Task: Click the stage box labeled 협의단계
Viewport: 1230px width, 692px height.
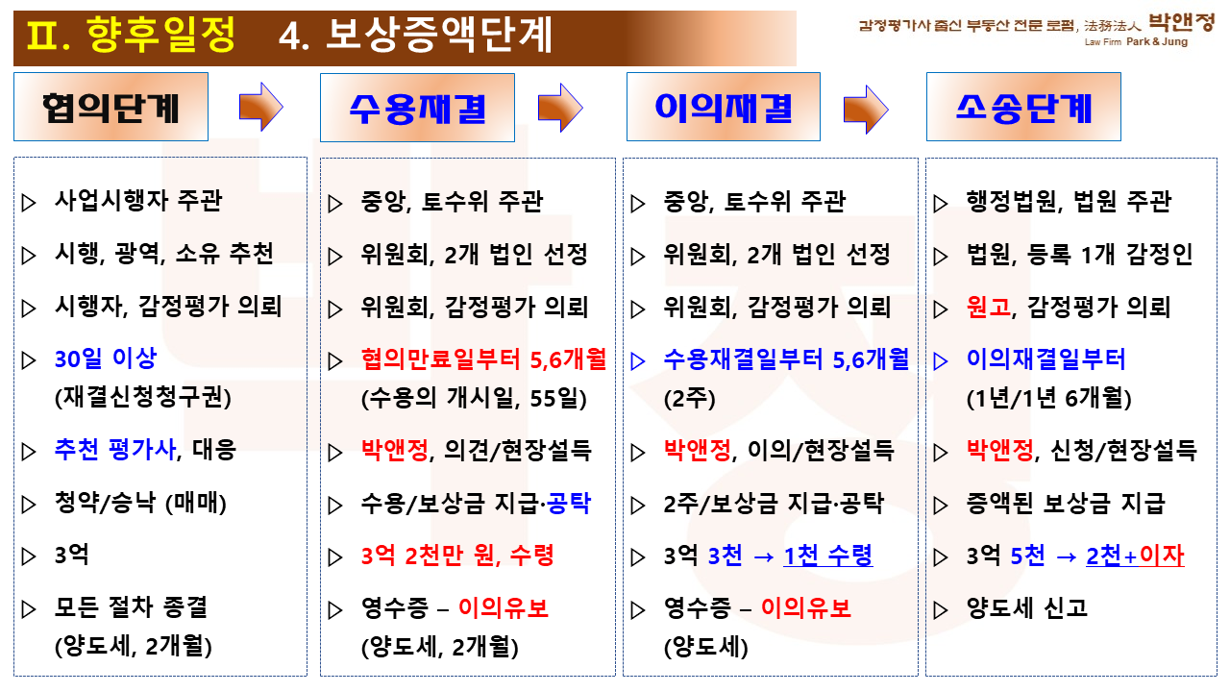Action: click(x=111, y=107)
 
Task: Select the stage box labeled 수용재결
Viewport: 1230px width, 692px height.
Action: click(x=417, y=108)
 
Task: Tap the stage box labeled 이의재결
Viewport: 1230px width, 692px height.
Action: click(x=724, y=107)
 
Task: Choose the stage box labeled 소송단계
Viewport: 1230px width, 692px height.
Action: click(x=1023, y=107)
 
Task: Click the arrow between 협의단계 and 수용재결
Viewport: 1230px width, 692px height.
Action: click(x=261, y=107)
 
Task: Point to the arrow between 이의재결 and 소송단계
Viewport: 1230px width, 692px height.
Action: click(x=866, y=110)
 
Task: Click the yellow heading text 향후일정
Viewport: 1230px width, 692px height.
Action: click(x=160, y=34)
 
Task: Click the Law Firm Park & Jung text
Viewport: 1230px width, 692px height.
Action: click(x=1136, y=41)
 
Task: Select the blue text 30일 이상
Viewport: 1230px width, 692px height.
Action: click(x=106, y=359)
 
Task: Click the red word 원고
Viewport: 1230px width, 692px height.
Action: click(x=989, y=307)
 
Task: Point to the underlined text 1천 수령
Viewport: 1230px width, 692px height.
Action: click(x=828, y=556)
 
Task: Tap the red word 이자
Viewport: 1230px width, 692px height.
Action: click(x=1162, y=556)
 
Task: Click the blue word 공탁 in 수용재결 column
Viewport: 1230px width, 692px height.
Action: click(x=569, y=503)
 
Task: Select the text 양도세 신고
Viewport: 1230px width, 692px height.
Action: click(x=1027, y=608)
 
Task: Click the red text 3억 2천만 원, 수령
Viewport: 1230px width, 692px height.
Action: click(x=457, y=556)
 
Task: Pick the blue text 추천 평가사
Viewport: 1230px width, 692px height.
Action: click(x=115, y=449)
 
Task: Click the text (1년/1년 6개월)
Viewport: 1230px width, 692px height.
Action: click(x=1048, y=398)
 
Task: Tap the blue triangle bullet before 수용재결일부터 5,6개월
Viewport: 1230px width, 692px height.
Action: click(x=637, y=360)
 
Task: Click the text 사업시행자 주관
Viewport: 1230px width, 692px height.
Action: click(x=138, y=201)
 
